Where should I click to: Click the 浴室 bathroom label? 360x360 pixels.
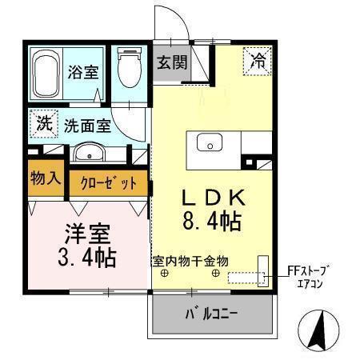(x=83, y=71)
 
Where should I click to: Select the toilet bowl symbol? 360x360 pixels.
(x=129, y=70)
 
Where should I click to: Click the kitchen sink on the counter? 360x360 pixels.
(x=211, y=144)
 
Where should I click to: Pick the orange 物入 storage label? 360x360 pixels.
(x=45, y=178)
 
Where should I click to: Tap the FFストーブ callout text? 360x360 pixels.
(x=309, y=270)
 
